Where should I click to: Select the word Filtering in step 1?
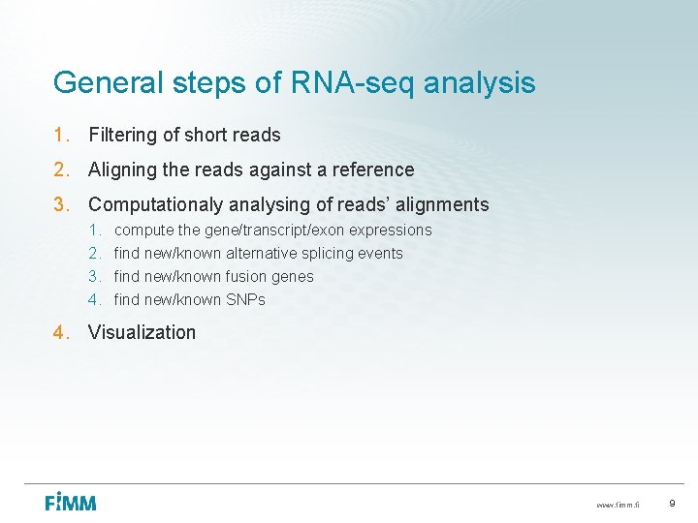121,135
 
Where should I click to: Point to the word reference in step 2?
373,169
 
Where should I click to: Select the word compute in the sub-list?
143,231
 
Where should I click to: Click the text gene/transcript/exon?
274,231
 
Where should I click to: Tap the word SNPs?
245,300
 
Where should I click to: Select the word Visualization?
142,332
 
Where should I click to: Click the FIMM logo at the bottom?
71,503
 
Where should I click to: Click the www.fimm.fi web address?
618,506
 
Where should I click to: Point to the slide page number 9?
672,504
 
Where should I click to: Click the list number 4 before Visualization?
60,332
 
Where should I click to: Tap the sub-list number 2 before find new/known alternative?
95,254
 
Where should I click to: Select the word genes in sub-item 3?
293,277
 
